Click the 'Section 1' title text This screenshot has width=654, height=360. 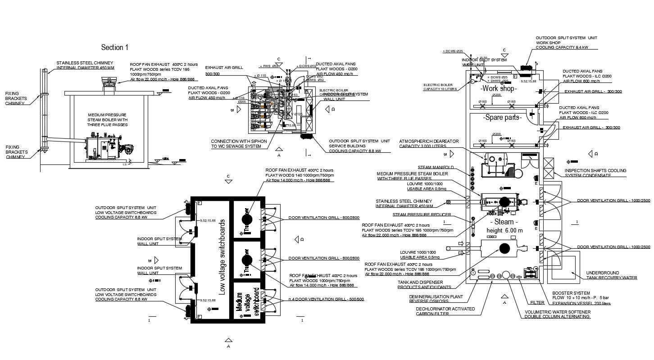point(115,47)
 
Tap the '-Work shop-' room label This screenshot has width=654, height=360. point(498,89)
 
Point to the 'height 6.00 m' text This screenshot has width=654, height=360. point(505,230)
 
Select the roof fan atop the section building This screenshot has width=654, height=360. point(109,82)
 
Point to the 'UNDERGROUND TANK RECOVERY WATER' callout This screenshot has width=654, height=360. point(611,275)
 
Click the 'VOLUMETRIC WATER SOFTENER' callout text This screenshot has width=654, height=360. point(557,312)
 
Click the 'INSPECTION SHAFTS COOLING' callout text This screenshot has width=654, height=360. point(595,171)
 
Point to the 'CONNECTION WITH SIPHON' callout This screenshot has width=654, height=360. point(239,141)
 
